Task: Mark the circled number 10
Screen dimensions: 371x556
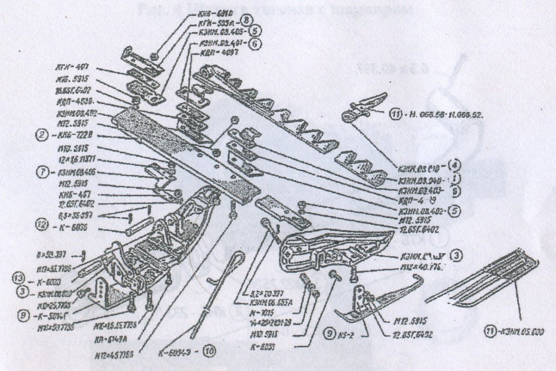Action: point(210,351)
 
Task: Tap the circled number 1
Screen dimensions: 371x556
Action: point(457,178)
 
